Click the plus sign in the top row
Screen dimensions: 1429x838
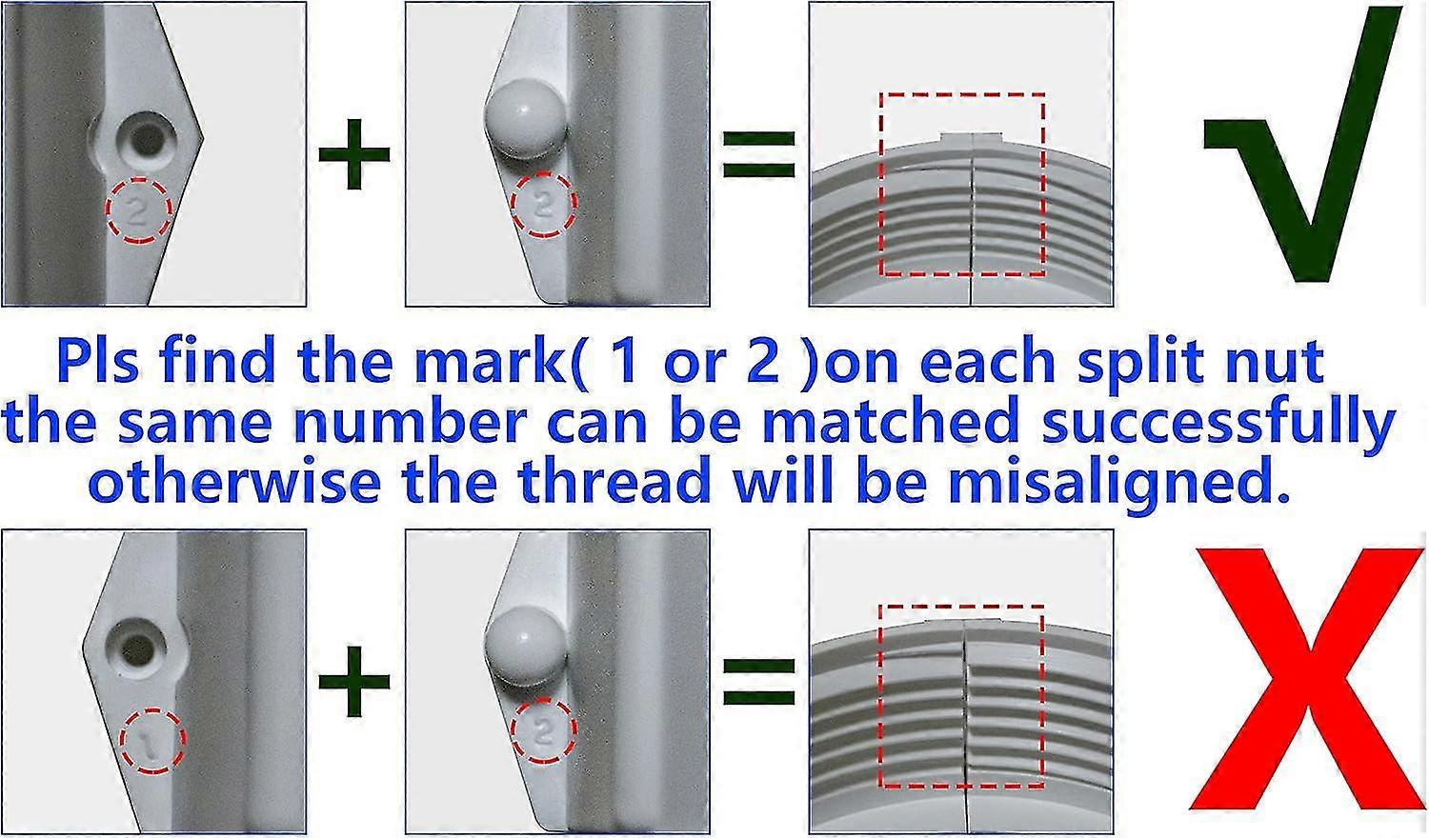pyautogui.click(x=354, y=153)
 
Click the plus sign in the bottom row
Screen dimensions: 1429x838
pyautogui.click(x=354, y=681)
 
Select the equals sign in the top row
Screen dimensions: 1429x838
pyautogui.click(x=759, y=153)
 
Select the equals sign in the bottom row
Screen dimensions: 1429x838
pyautogui.click(x=759, y=681)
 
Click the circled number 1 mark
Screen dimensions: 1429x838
pyautogui.click(x=152, y=741)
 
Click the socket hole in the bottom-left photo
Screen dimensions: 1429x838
pyautogui.click(x=134, y=648)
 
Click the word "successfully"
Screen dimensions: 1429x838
pyautogui.click(x=1218, y=424)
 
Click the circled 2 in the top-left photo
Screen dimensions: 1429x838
pyautogui.click(x=139, y=210)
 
